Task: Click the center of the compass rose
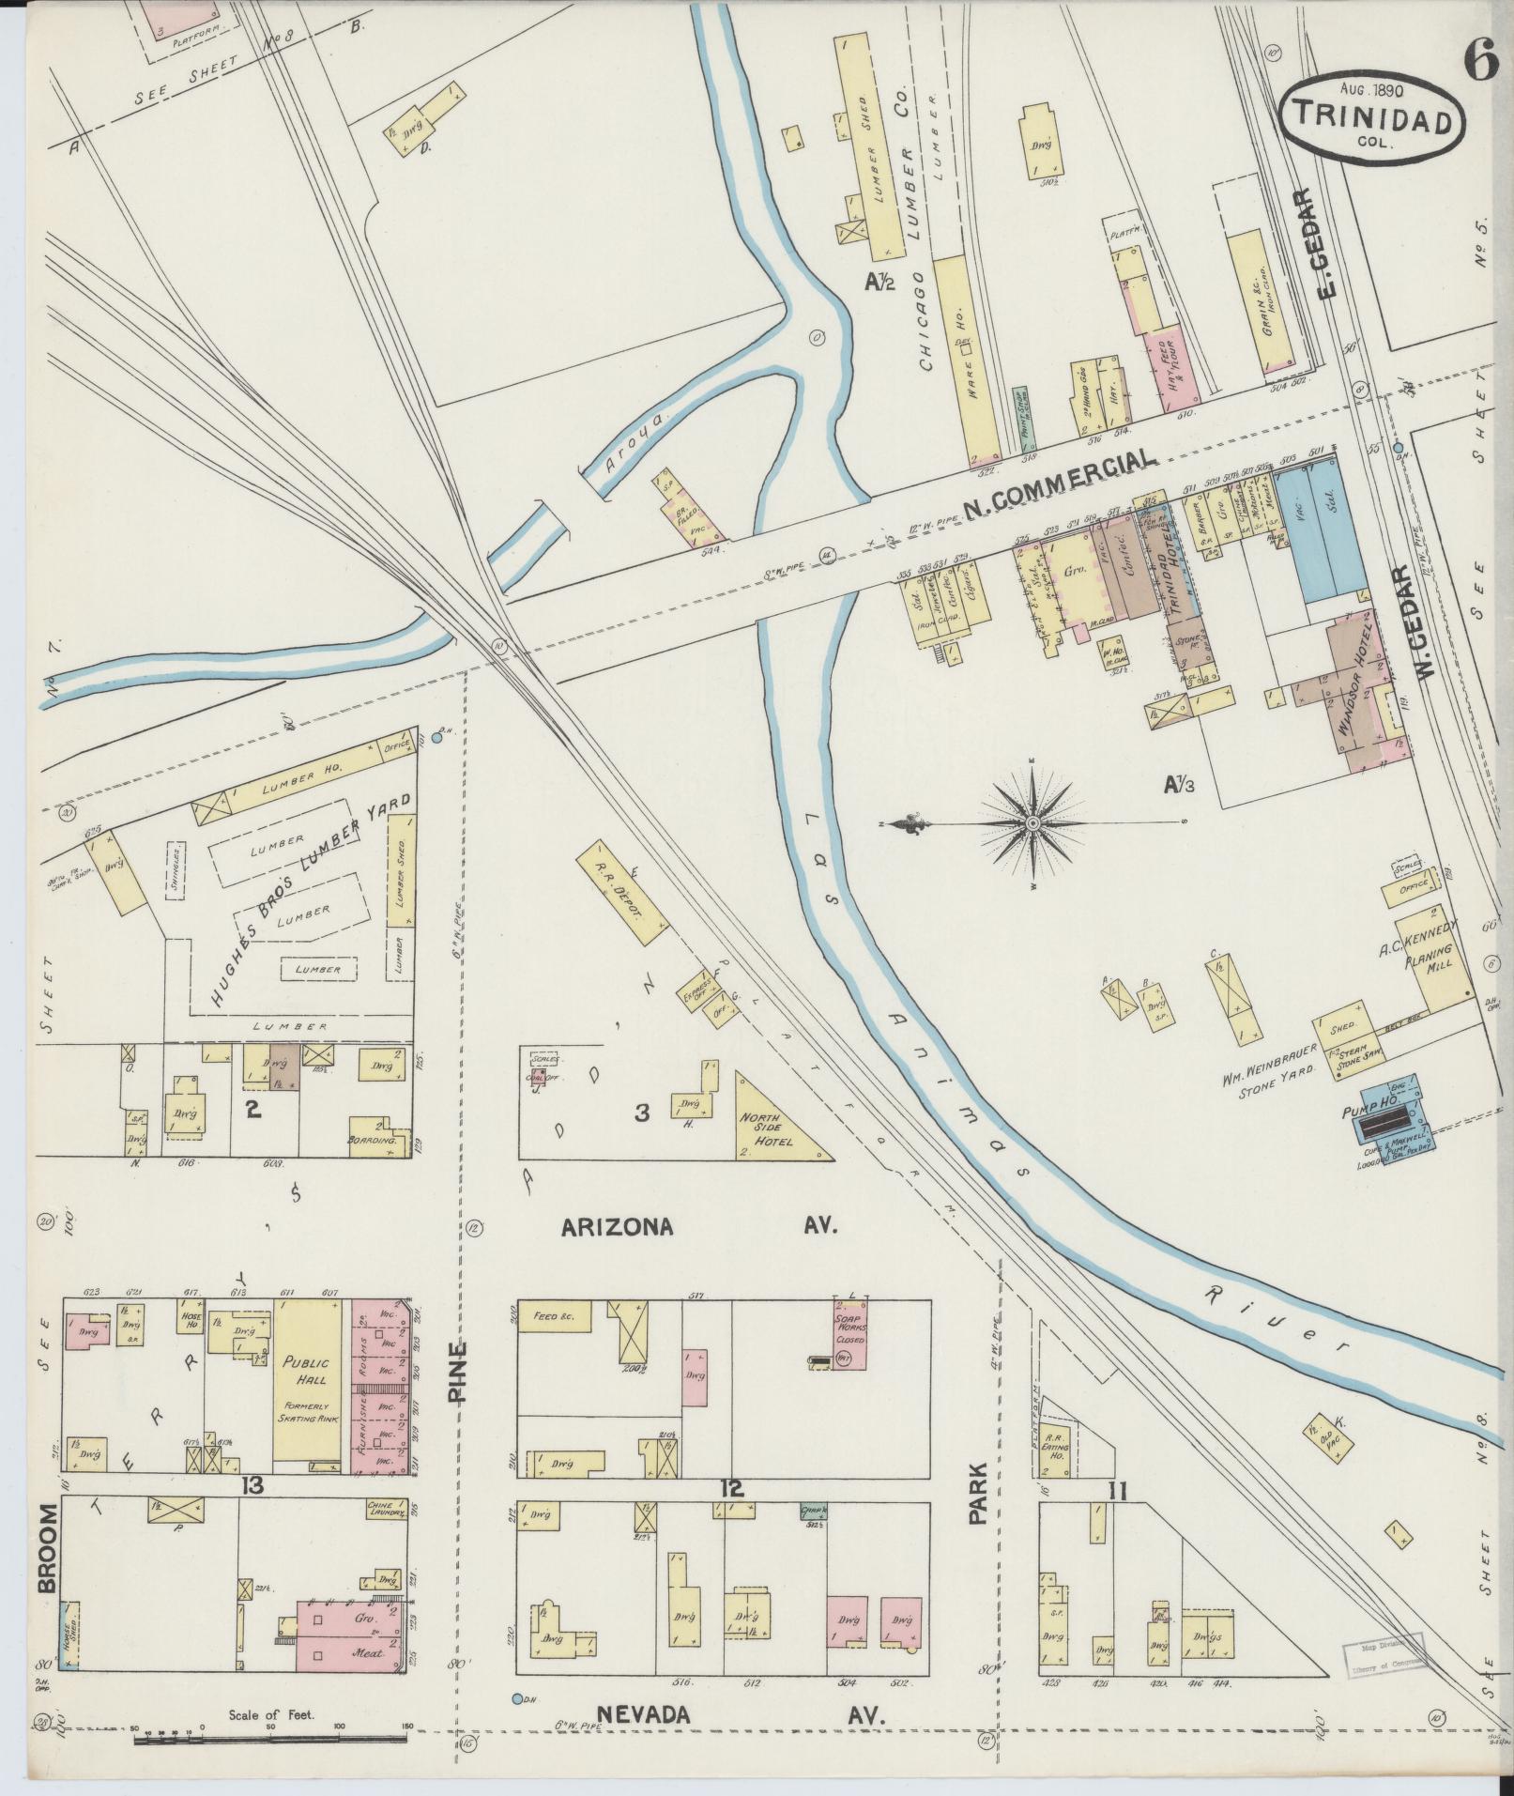coord(1032,823)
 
